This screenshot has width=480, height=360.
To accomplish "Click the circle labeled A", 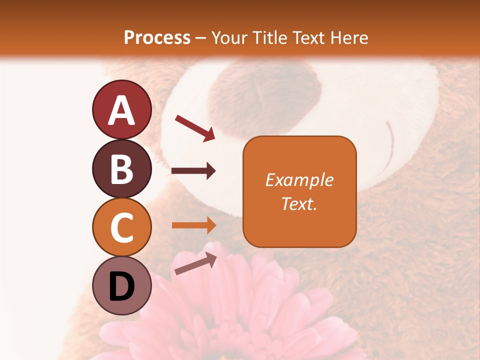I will point(121,109).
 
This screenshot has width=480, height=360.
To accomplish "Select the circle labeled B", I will point(121,168).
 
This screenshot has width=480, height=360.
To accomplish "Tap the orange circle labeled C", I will point(121,227).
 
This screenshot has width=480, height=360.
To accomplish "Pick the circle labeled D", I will point(121,286).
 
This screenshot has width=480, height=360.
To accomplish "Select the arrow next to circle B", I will point(193,171).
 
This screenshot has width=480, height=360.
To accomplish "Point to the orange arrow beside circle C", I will point(193,225).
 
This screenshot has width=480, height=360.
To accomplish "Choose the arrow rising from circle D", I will point(195,263).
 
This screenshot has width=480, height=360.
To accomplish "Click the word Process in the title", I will point(157,37).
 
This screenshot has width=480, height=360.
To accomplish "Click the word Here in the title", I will point(348,37).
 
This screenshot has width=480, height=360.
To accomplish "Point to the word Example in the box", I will point(299,180).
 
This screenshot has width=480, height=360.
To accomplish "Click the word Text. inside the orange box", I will point(299,203).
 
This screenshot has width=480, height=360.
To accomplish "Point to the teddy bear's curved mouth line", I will point(390,145).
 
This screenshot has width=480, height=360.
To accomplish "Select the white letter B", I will point(121,169).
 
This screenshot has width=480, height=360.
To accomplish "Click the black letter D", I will point(121,286).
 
